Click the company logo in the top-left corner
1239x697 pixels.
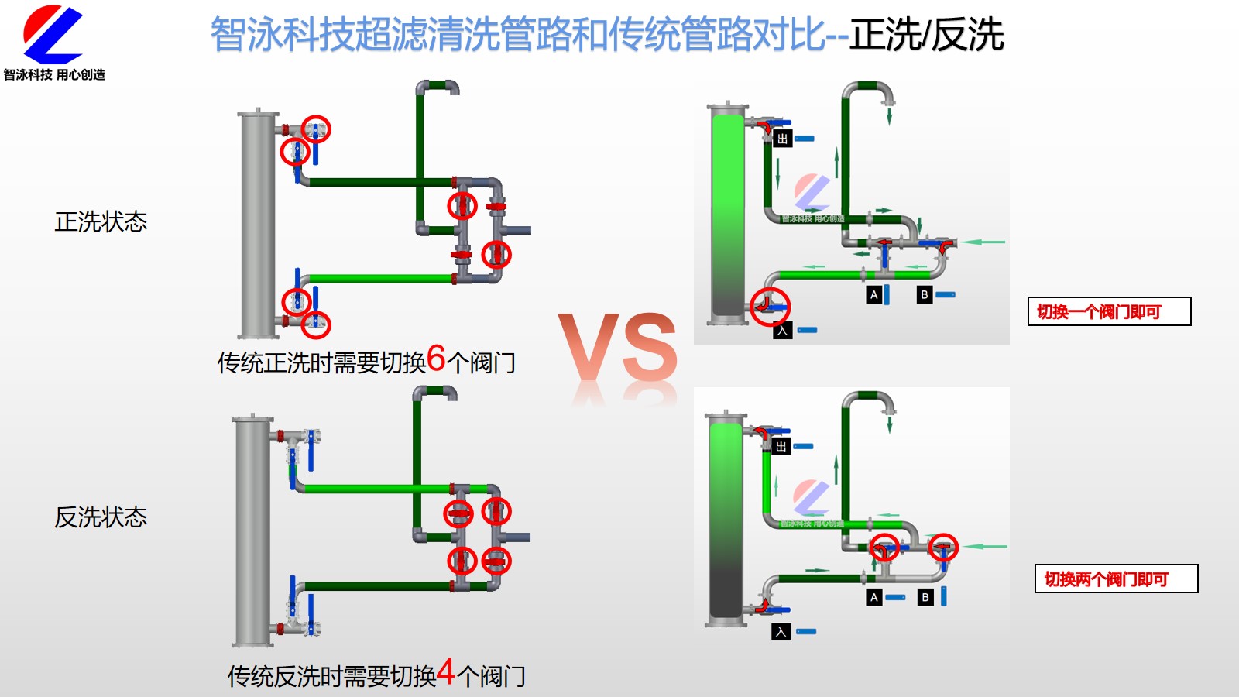pos(53,35)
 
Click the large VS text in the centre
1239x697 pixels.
pos(618,350)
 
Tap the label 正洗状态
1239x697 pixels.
pos(101,222)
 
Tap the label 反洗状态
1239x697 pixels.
pos(101,517)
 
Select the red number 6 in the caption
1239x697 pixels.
pos(436,359)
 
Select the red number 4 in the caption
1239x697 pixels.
pos(446,672)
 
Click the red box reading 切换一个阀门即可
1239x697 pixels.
pos(1109,311)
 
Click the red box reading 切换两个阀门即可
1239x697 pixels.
pos(1116,579)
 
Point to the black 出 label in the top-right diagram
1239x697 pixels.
pos(782,139)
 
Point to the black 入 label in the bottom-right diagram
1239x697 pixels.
pos(781,631)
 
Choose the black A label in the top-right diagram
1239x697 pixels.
pos(874,294)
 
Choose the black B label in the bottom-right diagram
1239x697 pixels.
pos(925,597)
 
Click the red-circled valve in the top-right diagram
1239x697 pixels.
pos(770,306)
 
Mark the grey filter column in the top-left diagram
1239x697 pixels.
pos(258,225)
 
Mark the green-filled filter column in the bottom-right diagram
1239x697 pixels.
pos(726,519)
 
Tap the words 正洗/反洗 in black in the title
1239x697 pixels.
pos(926,35)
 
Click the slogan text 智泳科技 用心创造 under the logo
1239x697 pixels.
pos(54,74)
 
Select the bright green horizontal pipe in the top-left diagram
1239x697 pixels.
pos(379,279)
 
